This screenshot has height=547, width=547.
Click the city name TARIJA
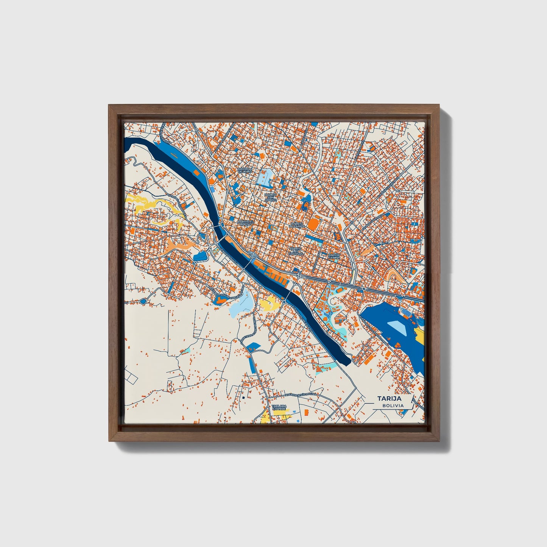(x=389, y=398)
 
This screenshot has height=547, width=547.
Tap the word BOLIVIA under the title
(x=393, y=405)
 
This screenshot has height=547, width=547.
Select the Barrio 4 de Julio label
(x=245, y=170)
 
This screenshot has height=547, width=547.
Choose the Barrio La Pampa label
(x=297, y=225)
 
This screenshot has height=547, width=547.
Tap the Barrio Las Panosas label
(x=295, y=251)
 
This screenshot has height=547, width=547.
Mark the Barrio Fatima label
(x=334, y=256)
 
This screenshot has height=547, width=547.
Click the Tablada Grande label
(x=279, y=407)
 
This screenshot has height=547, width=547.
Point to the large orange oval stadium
(x=313, y=223)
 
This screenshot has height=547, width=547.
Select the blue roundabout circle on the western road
(x=143, y=301)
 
